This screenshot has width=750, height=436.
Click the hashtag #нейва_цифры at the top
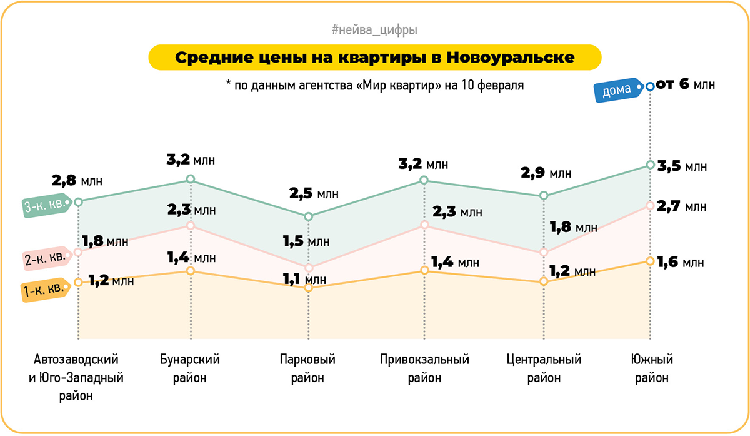(x=374, y=29)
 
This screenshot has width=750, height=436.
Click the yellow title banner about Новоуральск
(x=374, y=58)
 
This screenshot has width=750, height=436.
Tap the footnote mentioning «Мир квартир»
(x=374, y=85)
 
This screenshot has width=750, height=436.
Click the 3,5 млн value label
(x=682, y=166)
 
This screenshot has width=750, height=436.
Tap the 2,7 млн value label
(x=682, y=206)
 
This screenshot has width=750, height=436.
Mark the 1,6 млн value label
(x=682, y=262)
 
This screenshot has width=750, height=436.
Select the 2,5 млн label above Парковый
(x=313, y=193)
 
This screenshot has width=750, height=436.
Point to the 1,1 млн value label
(x=304, y=279)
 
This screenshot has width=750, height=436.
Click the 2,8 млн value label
(x=76, y=181)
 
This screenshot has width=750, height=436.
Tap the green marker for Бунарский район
(x=191, y=180)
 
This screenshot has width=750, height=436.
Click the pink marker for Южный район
(x=650, y=205)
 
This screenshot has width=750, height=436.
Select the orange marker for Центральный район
(x=543, y=281)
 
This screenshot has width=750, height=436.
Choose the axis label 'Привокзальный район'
(x=424, y=368)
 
